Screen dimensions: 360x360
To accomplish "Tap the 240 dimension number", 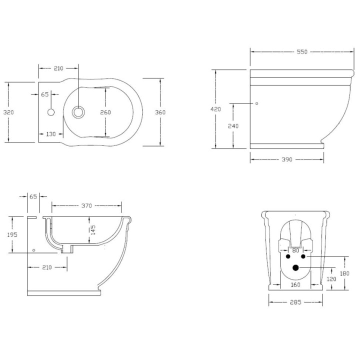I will tap(233, 126).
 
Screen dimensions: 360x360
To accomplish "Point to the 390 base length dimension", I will tap(286, 159).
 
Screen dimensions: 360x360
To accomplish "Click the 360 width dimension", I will tap(160, 112).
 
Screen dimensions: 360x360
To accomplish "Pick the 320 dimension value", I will tap(8, 112).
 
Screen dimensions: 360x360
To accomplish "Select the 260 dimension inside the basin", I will tap(105, 112).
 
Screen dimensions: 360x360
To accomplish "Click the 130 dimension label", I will tap(51, 134).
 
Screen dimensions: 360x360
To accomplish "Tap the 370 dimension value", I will tap(87, 205).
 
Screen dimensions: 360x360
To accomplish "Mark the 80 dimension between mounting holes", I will tap(295, 250).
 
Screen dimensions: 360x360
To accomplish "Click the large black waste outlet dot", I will tap(295, 268).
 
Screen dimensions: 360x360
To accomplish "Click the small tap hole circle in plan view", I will tap(51, 112).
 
